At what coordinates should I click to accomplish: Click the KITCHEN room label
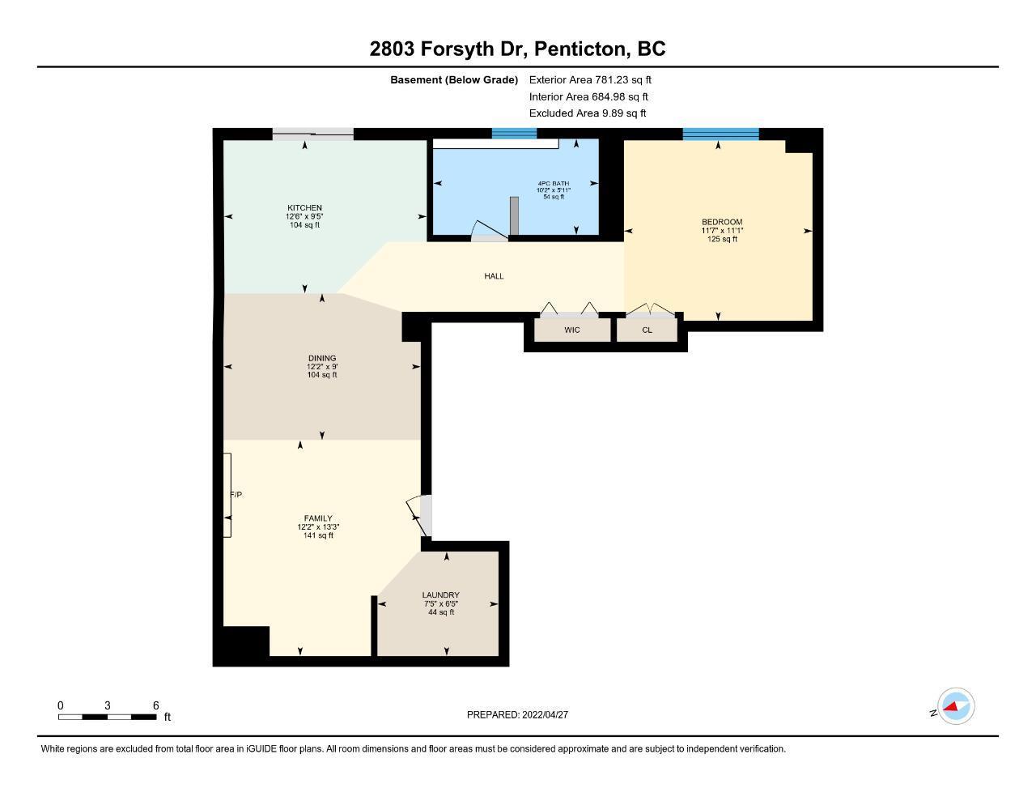304,207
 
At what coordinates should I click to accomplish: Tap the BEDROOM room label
722,222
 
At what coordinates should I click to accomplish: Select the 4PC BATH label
553,183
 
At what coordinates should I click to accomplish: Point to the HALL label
494,275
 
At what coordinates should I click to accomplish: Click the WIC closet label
571,330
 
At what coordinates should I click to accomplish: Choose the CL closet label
647,330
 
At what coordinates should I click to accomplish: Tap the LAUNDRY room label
440,595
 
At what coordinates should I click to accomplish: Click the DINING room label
322,358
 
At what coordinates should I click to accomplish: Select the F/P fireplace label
236,495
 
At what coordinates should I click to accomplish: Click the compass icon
955,706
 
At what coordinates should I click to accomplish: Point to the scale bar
108,717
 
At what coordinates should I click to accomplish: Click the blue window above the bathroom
514,133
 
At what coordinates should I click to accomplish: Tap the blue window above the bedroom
720,134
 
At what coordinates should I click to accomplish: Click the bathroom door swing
489,229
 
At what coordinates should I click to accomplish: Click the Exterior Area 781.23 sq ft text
590,79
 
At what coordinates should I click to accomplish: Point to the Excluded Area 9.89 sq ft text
588,113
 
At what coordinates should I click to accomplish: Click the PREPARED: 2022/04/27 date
517,714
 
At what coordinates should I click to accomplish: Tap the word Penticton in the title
580,49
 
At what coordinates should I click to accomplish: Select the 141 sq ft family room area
318,535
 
